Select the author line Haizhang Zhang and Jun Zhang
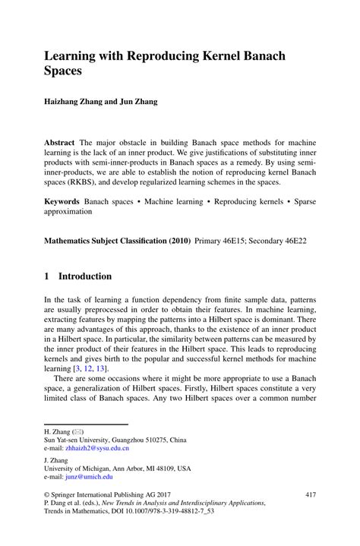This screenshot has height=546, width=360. coord(100,102)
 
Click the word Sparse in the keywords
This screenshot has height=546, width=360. coord(301,202)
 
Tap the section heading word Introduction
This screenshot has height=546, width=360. coord(85,276)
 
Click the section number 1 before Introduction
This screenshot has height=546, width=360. coord(47,276)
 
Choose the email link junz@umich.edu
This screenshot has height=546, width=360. coord(89,476)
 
